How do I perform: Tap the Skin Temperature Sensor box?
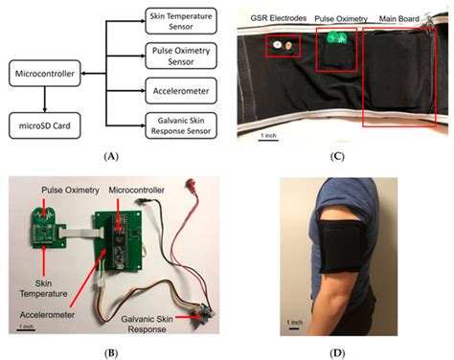(175, 21)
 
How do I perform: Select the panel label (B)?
(116, 351)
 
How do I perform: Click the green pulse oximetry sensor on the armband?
(334, 40)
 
